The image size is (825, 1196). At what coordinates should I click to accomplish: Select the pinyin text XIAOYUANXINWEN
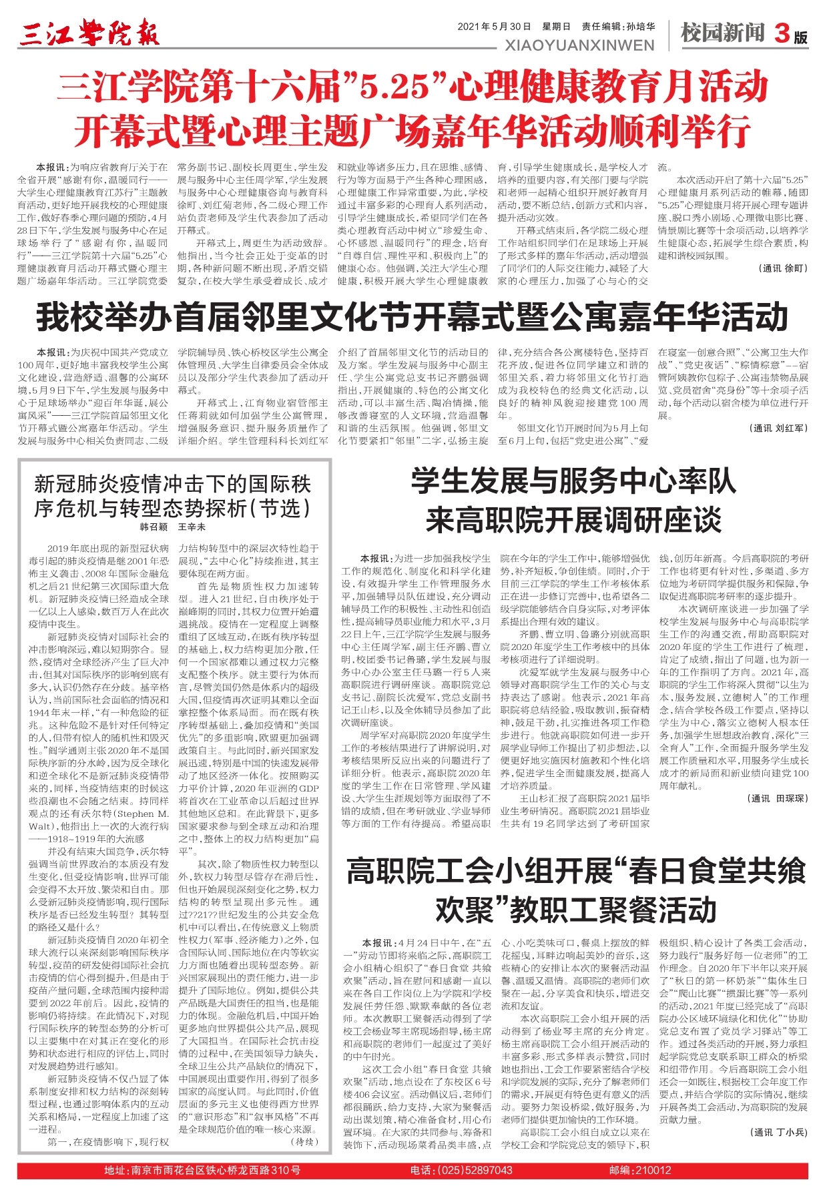tap(580, 45)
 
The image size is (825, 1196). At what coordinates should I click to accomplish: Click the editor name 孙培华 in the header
tap(640, 27)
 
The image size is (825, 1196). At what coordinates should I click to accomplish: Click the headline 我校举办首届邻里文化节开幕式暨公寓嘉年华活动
tap(412, 317)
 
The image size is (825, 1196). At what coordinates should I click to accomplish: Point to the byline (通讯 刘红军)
tap(778, 428)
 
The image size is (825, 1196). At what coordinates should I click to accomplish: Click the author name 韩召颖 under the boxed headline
tap(153, 527)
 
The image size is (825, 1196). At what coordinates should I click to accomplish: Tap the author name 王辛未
tap(192, 527)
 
